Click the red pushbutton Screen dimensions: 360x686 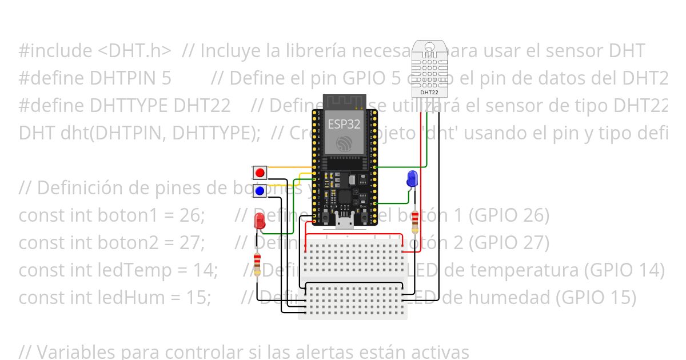click(260, 172)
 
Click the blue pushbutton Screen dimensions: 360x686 click(260, 190)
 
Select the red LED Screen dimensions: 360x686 click(260, 221)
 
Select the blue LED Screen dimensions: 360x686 click(412, 179)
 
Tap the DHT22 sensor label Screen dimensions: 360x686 click(429, 91)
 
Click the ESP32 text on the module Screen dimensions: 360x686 click(344, 123)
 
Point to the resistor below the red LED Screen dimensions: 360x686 click(258, 264)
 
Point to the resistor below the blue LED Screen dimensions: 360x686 click(415, 221)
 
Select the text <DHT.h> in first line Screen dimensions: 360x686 click(134, 51)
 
